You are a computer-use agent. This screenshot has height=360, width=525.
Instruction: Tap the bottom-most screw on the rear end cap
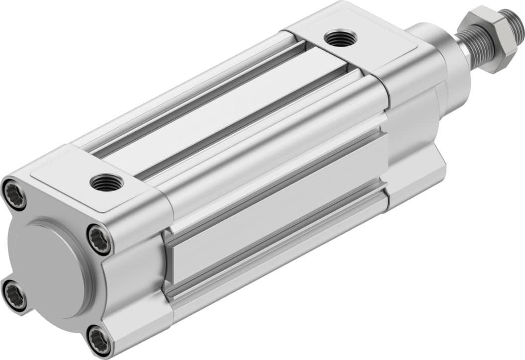(98, 340)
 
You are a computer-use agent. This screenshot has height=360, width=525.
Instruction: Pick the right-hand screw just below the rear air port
(99, 240)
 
